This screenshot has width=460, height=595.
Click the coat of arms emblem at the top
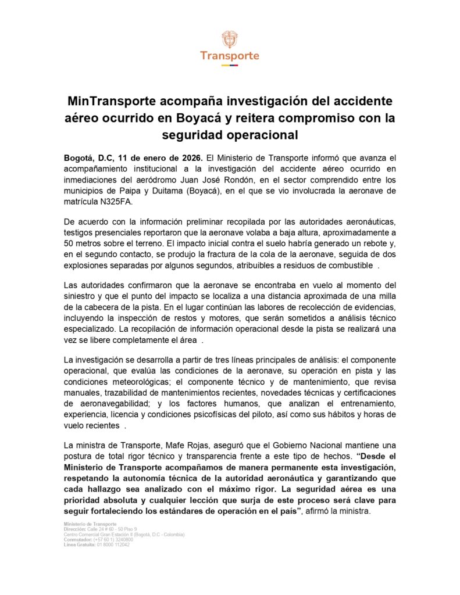click(x=230, y=39)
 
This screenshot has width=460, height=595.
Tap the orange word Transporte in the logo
click(x=230, y=56)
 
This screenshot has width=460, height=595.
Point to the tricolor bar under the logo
click(x=230, y=65)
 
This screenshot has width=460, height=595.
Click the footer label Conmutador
click(x=78, y=539)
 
